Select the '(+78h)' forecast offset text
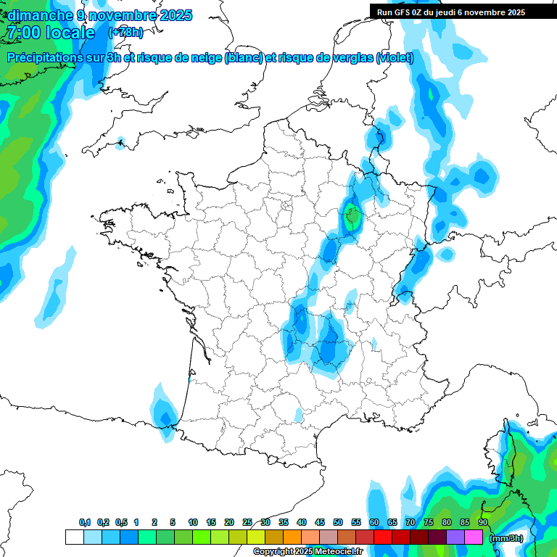coord(125,33)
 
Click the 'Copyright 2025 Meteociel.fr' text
coord(308,552)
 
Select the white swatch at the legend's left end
coord(74,537)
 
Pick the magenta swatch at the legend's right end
coord(474,537)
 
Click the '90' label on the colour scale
coord(482,522)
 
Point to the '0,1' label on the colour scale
coord(85,522)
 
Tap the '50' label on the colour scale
coord(338,522)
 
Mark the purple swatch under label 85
coord(455,537)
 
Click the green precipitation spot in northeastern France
coord(352,216)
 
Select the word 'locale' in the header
coord(70,33)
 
